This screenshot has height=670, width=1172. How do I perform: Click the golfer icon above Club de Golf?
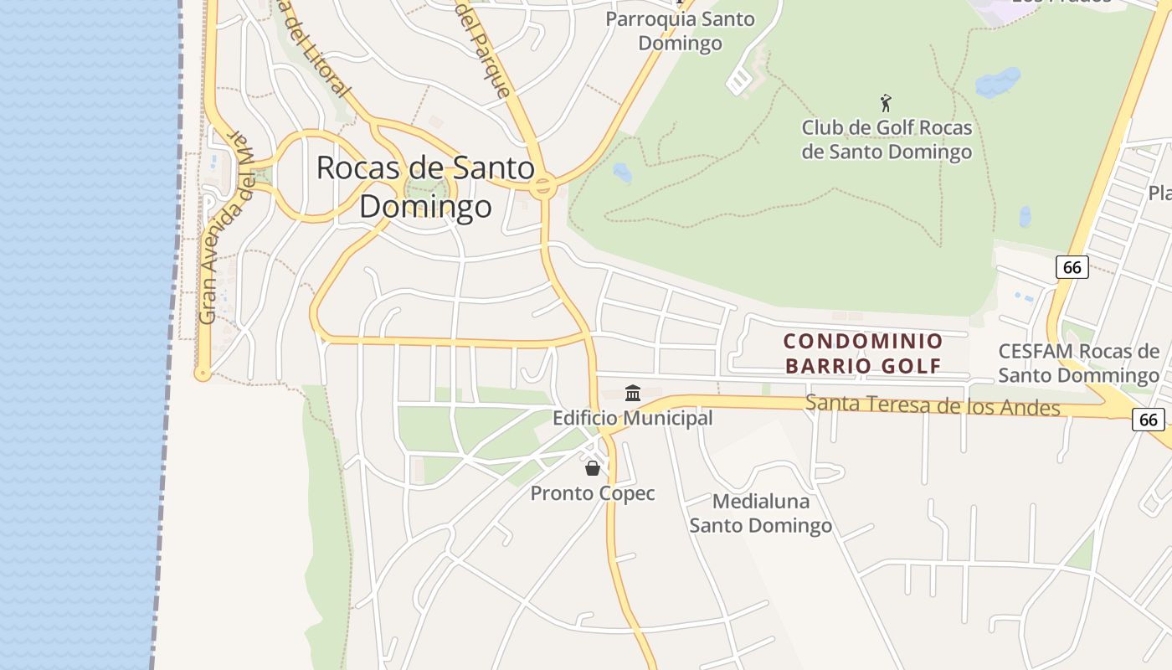(x=886, y=103)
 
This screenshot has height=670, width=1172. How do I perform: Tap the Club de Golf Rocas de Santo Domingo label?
(x=887, y=140)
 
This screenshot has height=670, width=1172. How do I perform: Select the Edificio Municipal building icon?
(x=633, y=393)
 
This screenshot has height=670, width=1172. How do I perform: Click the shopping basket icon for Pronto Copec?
(x=593, y=467)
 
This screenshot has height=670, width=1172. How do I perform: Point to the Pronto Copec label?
(x=593, y=493)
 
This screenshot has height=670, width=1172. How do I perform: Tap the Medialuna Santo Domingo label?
(x=760, y=513)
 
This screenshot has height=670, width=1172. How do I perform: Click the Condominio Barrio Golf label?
(x=863, y=353)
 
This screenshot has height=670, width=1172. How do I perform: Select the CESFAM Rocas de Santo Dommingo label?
(x=1078, y=363)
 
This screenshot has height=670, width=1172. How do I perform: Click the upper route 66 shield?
(x=1072, y=267)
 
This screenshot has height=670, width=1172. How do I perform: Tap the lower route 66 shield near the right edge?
(x=1149, y=420)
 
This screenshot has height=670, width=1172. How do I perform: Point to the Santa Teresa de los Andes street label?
(x=932, y=406)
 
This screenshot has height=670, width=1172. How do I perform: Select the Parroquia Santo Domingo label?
(x=680, y=30)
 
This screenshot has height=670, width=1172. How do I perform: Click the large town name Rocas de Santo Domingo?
(x=425, y=186)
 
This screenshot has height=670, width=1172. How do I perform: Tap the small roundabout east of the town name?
(x=542, y=186)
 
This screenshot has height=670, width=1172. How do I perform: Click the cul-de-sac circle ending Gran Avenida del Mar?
(x=203, y=374)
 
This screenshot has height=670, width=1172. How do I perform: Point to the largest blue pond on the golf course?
(x=998, y=83)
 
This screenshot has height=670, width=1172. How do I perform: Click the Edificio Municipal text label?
(x=633, y=417)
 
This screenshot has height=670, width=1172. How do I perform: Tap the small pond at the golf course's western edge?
(x=622, y=173)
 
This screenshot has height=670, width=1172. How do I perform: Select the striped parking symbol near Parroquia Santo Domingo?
(x=739, y=81)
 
